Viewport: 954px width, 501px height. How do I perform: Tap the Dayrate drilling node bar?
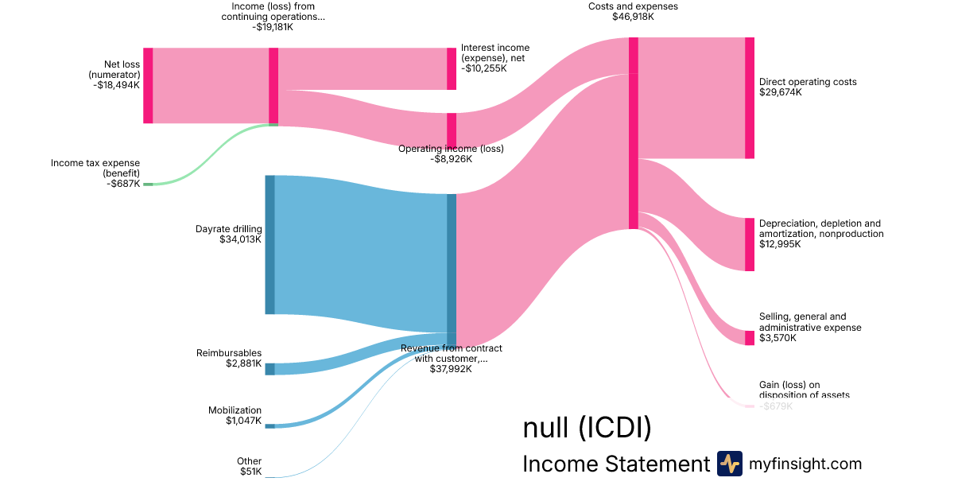click(270, 244)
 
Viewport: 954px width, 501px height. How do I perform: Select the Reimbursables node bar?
click(270, 369)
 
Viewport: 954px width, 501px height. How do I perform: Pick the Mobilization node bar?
click(270, 426)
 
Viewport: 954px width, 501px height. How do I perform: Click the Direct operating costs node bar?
click(750, 98)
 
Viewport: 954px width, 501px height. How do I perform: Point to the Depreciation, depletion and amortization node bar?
click(750, 244)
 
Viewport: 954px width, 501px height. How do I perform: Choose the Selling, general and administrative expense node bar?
click(750, 338)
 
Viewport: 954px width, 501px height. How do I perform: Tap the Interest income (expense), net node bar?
click(452, 68)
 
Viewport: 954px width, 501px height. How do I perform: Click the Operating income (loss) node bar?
click(452, 130)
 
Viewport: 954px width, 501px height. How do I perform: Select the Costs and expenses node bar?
click(634, 133)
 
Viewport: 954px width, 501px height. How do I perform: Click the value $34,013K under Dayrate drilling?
click(240, 239)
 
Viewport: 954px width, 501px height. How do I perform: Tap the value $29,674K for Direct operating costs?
click(781, 92)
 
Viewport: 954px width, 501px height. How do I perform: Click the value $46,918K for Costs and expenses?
click(633, 17)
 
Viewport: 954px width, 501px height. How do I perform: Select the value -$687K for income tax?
click(124, 184)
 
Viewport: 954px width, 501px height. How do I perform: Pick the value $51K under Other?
click(250, 472)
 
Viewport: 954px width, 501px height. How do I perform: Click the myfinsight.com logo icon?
click(729, 464)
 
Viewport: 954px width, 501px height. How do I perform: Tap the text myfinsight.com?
click(805, 464)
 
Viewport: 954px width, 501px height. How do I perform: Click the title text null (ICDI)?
click(587, 428)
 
